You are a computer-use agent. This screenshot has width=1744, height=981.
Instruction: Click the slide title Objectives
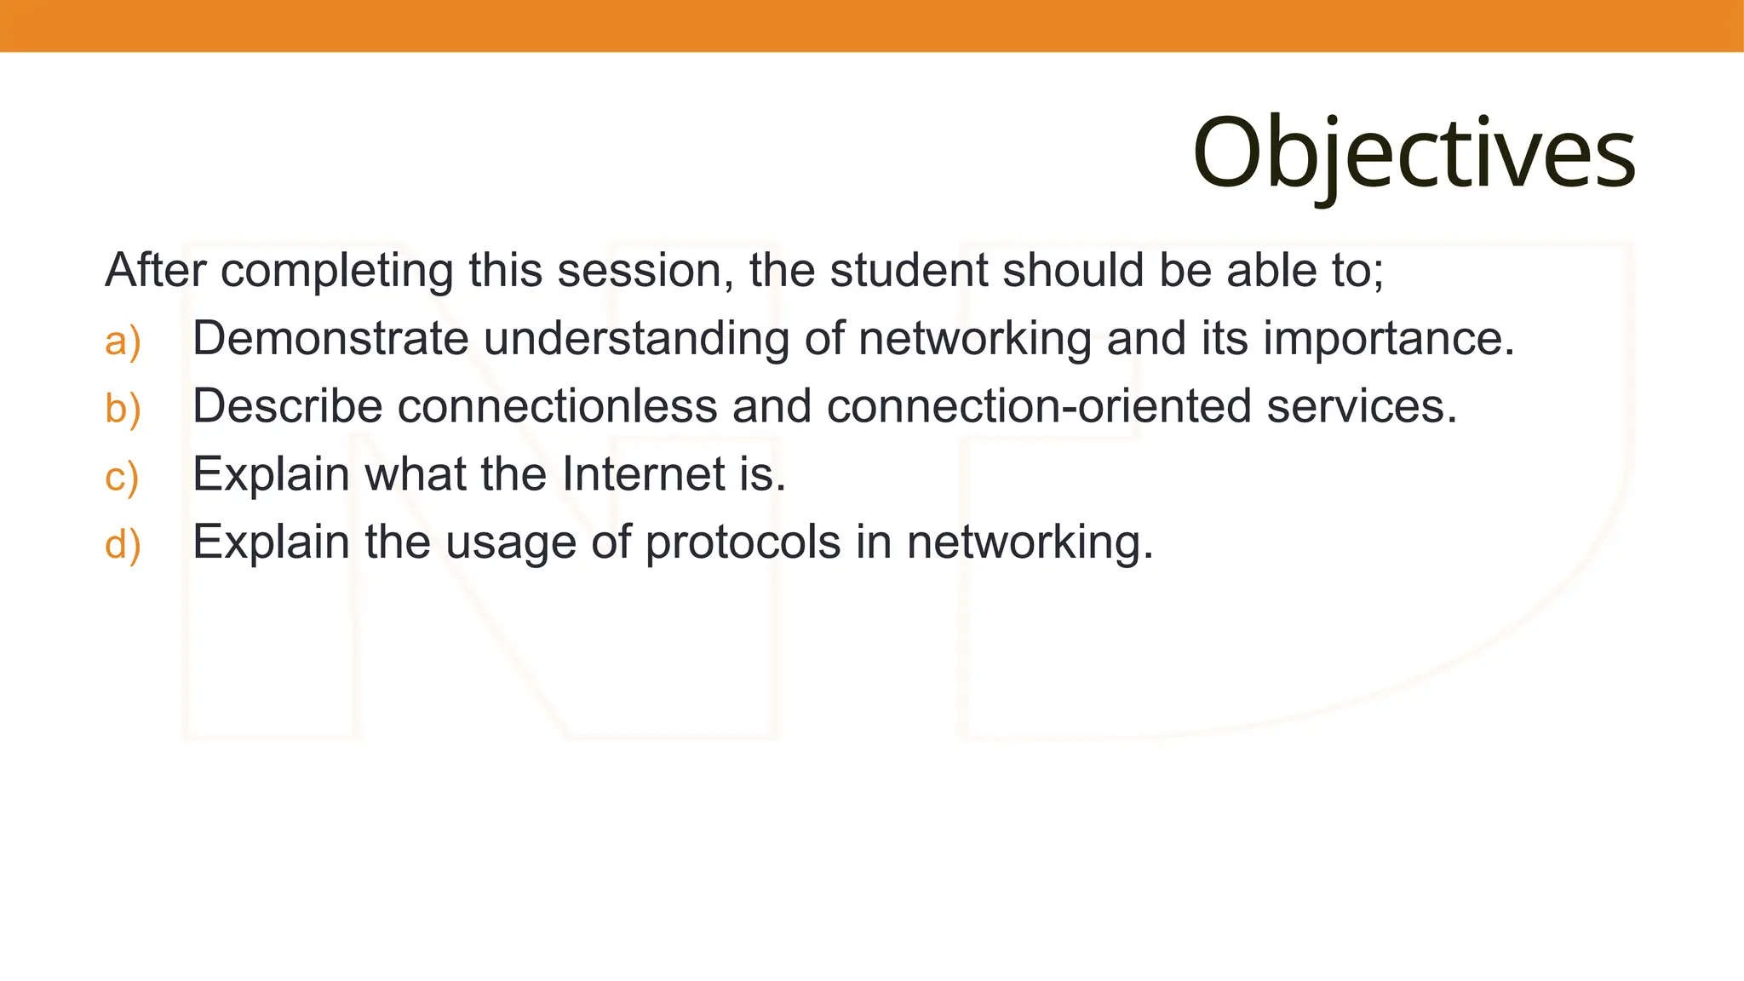coord(1414,153)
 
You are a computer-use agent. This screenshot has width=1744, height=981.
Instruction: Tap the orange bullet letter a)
coord(123,341)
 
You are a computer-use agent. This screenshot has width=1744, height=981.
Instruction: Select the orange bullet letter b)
coord(123,408)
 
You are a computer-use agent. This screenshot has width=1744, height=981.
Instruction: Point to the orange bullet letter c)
coord(122,476)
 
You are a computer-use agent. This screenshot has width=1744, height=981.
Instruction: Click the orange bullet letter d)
coord(123,544)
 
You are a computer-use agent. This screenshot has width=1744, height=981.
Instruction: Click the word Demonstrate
coord(330,338)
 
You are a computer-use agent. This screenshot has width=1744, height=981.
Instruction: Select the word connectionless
coord(557,406)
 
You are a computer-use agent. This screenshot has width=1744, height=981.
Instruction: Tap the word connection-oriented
coord(1038,406)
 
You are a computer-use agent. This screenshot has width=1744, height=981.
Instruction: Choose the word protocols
coord(743,543)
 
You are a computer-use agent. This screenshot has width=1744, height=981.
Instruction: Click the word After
coord(155,270)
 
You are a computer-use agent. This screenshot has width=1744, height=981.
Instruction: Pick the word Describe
coord(287,406)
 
